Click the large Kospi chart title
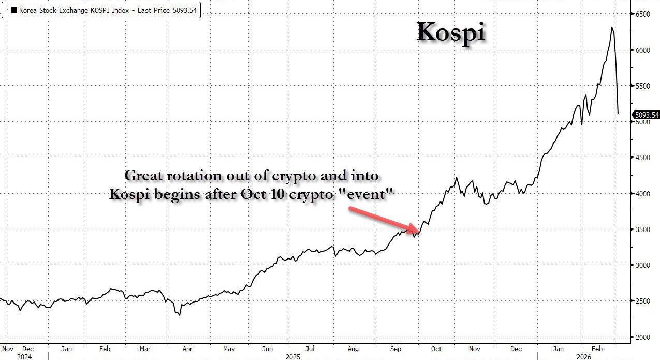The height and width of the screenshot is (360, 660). [x=451, y=33]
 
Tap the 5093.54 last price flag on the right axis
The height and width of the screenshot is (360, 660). [x=646, y=115]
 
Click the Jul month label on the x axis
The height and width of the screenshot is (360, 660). [x=310, y=349]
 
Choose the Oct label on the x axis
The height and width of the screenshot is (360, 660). [x=436, y=349]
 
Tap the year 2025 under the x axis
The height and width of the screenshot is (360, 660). [x=292, y=356]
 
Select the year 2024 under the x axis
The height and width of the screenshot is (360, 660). [x=24, y=356]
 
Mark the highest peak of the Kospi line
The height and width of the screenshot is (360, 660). [x=612, y=27]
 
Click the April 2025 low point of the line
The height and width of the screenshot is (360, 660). [x=179, y=315]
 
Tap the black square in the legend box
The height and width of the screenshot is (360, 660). [x=14, y=10]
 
